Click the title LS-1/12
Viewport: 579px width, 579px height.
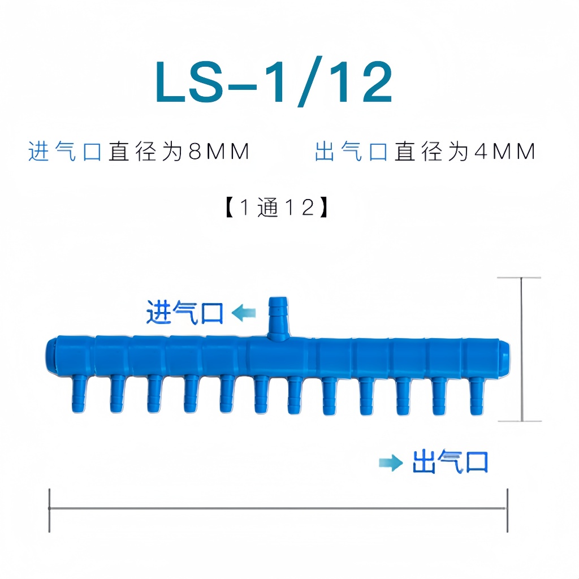coord(274,81)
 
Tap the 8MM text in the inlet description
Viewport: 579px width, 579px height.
coord(219,152)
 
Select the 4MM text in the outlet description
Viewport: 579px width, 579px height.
coord(505,152)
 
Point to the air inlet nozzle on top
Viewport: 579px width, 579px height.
coord(278,318)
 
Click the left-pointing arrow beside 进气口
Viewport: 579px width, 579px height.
coord(243,313)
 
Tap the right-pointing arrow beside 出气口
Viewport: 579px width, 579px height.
coord(391,463)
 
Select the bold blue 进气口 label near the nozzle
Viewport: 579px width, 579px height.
coord(185,312)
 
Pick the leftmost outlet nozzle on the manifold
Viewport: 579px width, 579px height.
coord(79,394)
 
